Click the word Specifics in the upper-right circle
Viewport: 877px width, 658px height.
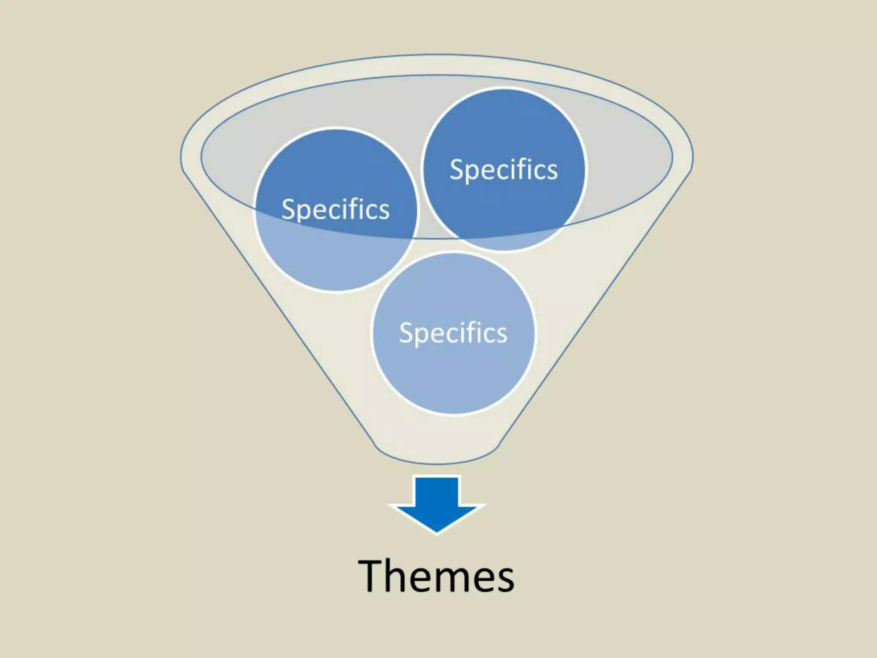tap(504, 170)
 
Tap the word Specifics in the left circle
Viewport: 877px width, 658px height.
tap(335, 209)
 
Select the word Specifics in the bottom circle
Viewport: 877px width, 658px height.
tap(453, 333)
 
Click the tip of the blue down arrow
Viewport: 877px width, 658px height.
tap(436, 531)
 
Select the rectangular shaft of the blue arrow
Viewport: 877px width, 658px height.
tap(436, 491)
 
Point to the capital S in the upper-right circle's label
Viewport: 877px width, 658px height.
tap(456, 170)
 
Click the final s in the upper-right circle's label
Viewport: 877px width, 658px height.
tap(552, 171)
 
